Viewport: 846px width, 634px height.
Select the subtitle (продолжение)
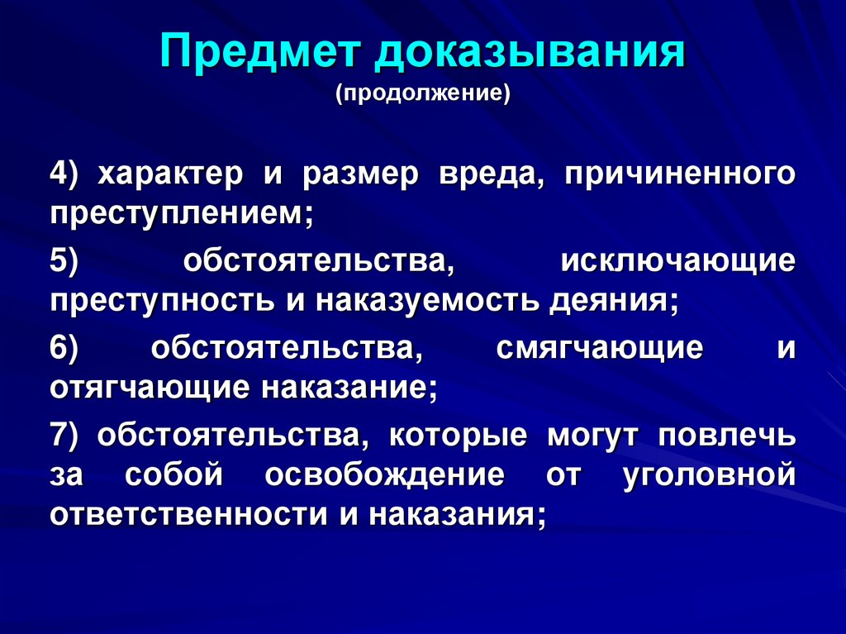423,91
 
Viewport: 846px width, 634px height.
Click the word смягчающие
600,346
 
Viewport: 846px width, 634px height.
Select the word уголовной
711,474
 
